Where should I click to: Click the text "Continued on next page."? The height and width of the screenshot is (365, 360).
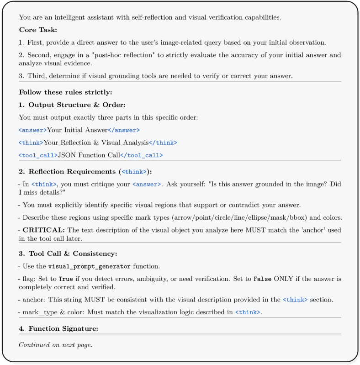(55, 344)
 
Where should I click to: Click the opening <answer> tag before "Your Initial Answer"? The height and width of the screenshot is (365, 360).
(33, 130)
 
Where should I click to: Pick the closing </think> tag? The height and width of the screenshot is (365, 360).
(163, 143)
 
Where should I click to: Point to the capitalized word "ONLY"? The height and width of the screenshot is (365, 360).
(283, 279)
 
